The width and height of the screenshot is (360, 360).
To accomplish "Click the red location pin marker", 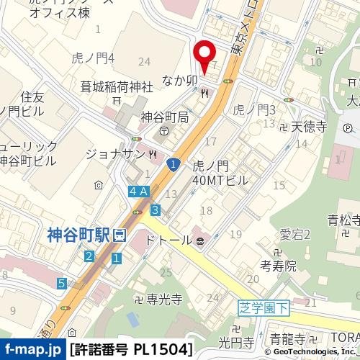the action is (x=205, y=55).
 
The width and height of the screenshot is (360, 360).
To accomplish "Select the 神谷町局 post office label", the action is (x=165, y=117).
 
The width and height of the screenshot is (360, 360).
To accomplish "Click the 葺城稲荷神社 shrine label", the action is (x=117, y=87).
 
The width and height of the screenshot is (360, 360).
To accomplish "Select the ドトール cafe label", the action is (x=169, y=239).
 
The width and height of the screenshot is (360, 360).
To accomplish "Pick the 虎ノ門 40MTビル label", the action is (x=220, y=173).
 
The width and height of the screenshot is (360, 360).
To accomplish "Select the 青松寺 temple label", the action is (x=343, y=220).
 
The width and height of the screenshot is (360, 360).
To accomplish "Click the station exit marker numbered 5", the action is (x=63, y=283).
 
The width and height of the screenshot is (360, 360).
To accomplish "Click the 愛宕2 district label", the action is (x=294, y=235).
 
